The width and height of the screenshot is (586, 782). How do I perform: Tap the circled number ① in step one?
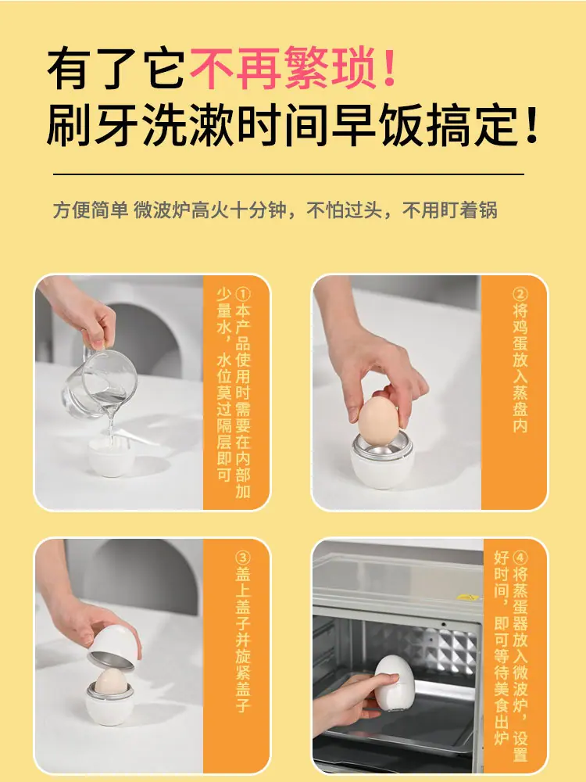pos(243,294)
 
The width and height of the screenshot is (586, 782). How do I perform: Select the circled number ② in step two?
pos(520,294)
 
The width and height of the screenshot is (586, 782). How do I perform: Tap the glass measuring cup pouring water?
pos(100,382)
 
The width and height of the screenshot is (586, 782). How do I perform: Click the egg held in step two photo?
pos(378,418)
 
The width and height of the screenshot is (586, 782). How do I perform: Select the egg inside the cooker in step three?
pos(111,681)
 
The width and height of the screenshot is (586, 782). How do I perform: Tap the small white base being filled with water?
pos(112,457)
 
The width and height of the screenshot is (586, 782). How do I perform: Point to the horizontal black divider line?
pos(288,174)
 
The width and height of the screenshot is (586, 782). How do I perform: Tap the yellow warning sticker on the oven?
pos(468,597)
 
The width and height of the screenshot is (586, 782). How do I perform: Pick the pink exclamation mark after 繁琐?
pos(390,67)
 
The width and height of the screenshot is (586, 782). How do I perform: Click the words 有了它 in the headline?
pos(116,67)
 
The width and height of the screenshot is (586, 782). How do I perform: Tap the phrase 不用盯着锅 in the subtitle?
pos(450,210)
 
